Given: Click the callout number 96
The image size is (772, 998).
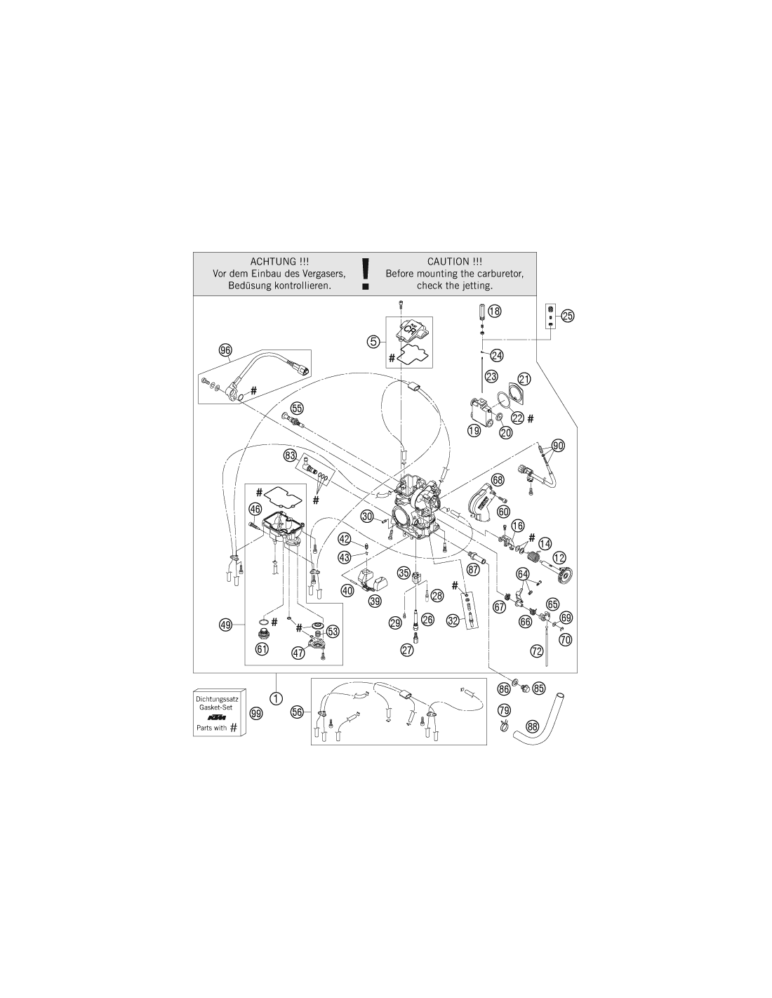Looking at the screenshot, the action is (x=225, y=350).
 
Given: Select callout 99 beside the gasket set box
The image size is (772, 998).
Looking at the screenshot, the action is (x=256, y=714).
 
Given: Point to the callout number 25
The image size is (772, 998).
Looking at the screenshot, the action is (x=568, y=316).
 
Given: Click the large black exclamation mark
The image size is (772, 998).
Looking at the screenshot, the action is (x=365, y=274).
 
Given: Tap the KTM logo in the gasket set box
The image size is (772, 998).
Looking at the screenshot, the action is (x=217, y=717).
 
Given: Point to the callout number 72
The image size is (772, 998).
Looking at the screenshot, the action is (x=537, y=651).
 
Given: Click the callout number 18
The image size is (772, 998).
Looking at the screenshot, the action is (x=494, y=311).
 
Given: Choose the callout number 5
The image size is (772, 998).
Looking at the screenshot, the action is (x=373, y=341).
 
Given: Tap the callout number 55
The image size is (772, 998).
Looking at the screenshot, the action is (x=297, y=408).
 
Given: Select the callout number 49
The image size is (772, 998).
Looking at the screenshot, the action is (x=226, y=625).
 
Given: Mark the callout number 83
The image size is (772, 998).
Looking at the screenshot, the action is (x=290, y=455).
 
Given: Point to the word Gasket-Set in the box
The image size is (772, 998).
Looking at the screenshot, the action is (x=216, y=707).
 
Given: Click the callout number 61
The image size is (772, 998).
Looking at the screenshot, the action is (x=262, y=649).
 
